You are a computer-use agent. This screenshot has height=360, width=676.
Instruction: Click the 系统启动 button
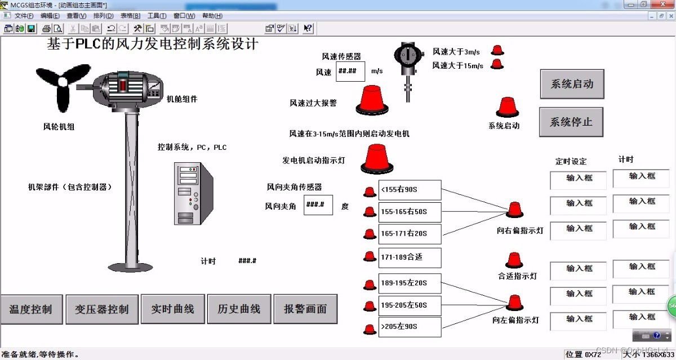pyautogui.click(x=572, y=85)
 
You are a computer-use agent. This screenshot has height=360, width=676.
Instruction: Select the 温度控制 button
pyautogui.click(x=30, y=309)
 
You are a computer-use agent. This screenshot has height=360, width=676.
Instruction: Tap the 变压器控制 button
pyautogui.click(x=102, y=309)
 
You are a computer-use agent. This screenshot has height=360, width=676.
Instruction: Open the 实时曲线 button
pyautogui.click(x=172, y=309)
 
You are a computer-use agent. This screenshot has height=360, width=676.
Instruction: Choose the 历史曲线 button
pyautogui.click(x=239, y=309)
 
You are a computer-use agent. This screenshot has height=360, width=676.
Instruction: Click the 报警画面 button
pyautogui.click(x=305, y=309)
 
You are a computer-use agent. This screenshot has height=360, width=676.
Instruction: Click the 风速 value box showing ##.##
pyautogui.click(x=350, y=71)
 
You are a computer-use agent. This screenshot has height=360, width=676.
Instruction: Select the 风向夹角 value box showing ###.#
pyautogui.click(x=318, y=205)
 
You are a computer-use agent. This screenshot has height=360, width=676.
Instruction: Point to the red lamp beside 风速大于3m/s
pyautogui.click(x=497, y=50)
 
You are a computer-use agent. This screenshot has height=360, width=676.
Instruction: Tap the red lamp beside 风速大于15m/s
pyautogui.click(x=497, y=64)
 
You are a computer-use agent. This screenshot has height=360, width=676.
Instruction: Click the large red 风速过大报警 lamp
pyautogui.click(x=371, y=99)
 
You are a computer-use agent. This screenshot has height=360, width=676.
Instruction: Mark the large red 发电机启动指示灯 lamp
pyautogui.click(x=377, y=158)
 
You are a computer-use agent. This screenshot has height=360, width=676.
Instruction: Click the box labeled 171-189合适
pyautogui.click(x=410, y=257)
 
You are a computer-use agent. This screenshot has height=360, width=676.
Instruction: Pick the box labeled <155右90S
pyautogui.click(x=410, y=190)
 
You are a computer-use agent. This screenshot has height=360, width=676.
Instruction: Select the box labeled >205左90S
pyautogui.click(x=410, y=327)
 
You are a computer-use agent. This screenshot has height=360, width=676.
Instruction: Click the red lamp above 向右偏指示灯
pyautogui.click(x=514, y=210)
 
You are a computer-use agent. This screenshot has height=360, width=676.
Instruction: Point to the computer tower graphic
pyautogui.click(x=192, y=193)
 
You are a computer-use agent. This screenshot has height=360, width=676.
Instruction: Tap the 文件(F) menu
pyautogui.click(x=24, y=16)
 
